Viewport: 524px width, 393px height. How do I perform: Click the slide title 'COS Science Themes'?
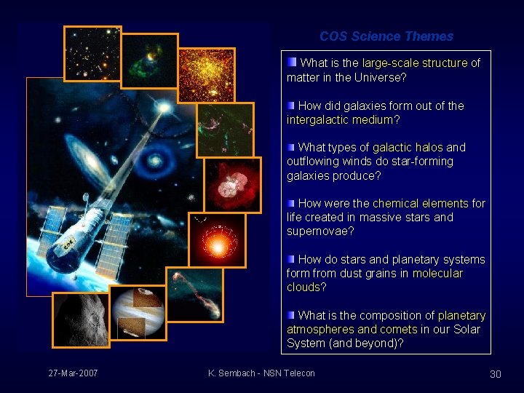point(386,36)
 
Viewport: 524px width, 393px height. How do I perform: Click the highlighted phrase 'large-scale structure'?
point(414,63)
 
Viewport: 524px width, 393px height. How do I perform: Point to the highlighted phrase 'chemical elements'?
point(420,204)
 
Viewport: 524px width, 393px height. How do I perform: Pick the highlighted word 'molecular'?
point(437,274)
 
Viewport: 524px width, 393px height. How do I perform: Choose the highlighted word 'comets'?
point(398,330)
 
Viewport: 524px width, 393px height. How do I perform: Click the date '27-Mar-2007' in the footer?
point(73,373)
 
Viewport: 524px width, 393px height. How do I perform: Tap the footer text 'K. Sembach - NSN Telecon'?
point(261,373)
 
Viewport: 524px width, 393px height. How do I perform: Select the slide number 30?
point(496,374)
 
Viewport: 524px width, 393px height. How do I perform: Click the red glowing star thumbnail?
point(216,240)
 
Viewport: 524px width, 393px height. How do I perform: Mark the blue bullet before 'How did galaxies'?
point(291,105)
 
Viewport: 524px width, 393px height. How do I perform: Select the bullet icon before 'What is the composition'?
point(291,314)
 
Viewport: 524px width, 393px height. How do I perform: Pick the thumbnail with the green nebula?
point(148,60)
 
